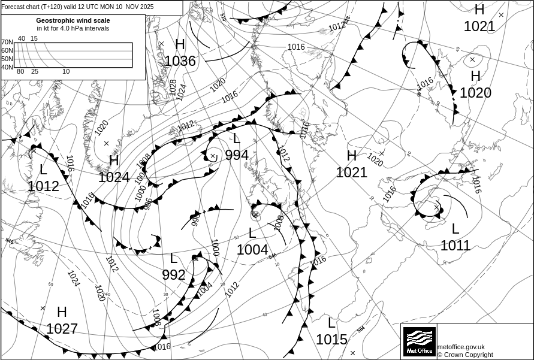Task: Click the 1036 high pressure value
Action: [180, 61]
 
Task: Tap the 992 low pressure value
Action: [174, 275]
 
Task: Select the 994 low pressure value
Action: [237, 155]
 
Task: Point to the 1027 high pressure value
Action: [62, 329]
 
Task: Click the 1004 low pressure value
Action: [252, 250]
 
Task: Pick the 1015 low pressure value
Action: [331, 340]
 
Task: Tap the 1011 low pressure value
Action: [455, 245]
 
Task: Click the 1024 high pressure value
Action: [114, 177]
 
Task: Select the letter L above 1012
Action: [43, 170]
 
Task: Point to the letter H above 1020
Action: [475, 76]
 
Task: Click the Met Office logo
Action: [418, 341]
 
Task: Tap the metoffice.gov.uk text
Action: [461, 347]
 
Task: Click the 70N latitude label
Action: [7, 43]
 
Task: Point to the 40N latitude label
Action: [7, 67]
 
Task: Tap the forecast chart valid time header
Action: [77, 7]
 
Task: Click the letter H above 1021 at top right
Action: [479, 10]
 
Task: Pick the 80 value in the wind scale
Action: [20, 72]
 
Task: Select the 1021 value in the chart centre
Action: [351, 173]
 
